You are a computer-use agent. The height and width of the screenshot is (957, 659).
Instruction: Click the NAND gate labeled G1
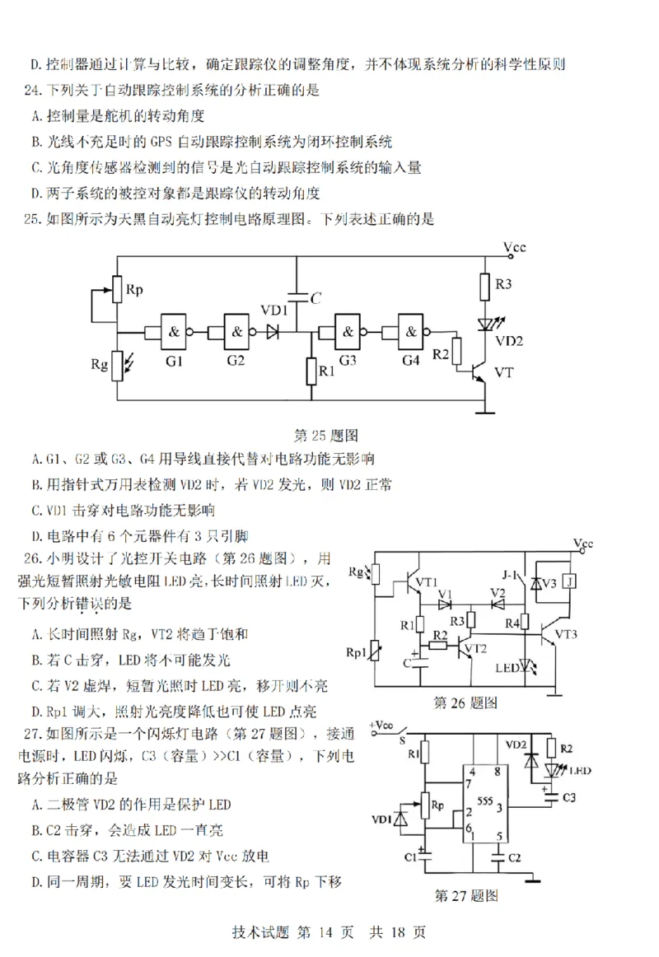(x=175, y=331)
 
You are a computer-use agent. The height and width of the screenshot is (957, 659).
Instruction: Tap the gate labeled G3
(x=348, y=331)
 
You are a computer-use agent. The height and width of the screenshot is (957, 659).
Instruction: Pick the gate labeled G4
(x=411, y=331)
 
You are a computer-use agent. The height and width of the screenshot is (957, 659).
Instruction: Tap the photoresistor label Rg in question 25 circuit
(x=98, y=362)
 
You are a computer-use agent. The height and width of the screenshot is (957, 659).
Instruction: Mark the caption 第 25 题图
(x=325, y=434)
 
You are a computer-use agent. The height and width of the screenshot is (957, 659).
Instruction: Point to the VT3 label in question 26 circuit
(x=568, y=635)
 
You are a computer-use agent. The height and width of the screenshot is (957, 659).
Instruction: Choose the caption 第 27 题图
(x=466, y=895)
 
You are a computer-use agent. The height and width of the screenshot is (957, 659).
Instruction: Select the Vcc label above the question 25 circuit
(x=514, y=247)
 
